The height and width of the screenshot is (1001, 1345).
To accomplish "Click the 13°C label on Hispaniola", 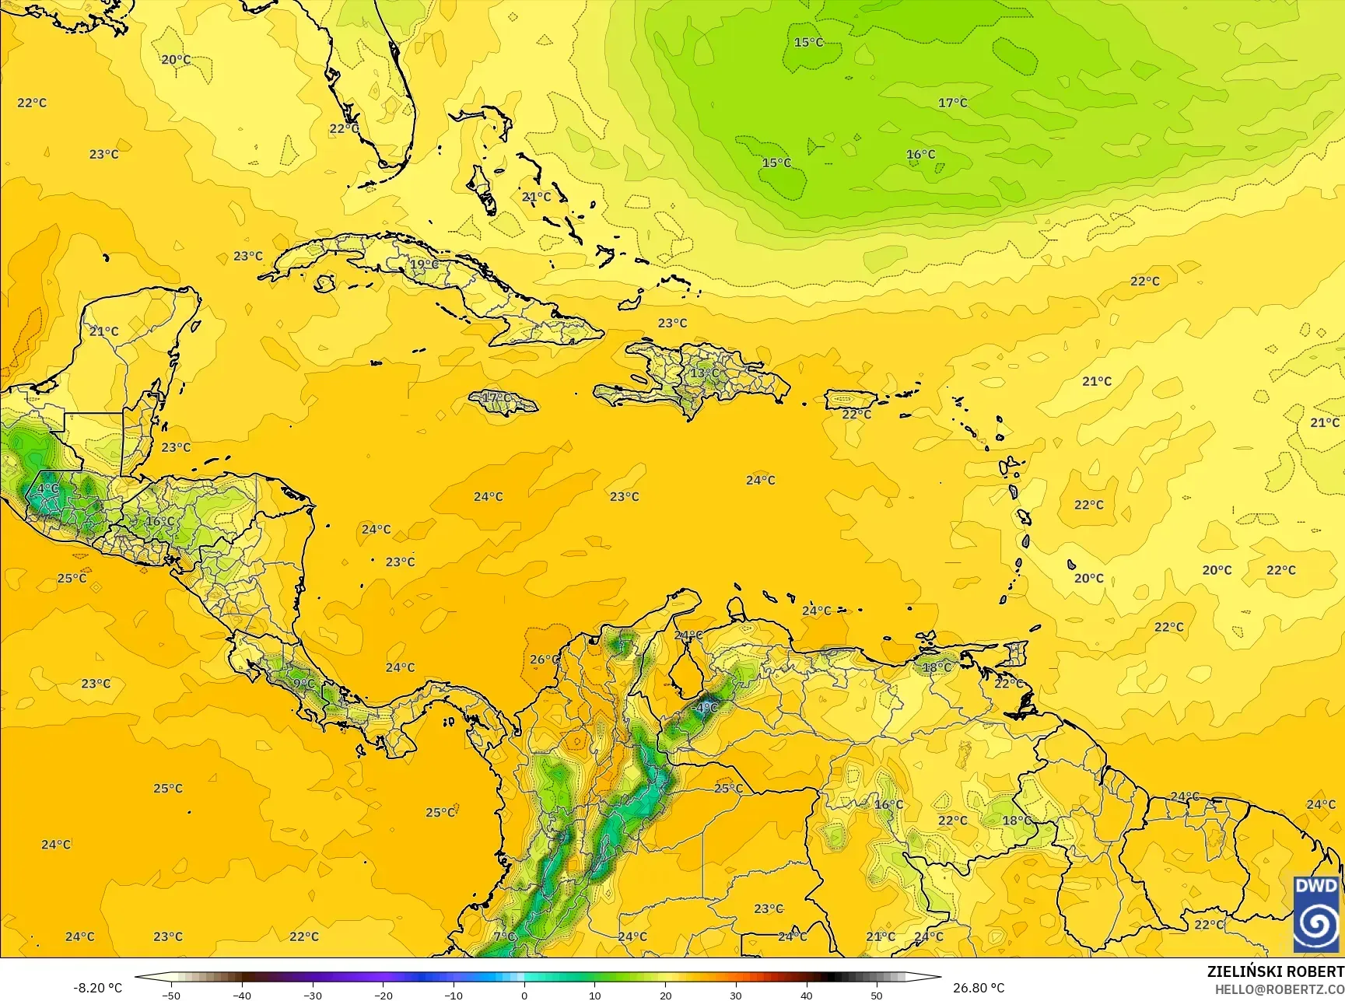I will (x=705, y=373).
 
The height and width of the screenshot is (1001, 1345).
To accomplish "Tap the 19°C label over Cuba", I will (x=423, y=264).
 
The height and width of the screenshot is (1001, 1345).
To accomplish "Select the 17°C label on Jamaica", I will (x=497, y=398).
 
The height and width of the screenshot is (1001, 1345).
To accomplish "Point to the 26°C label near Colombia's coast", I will (x=544, y=660).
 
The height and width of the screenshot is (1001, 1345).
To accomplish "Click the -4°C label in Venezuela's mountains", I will (x=705, y=708).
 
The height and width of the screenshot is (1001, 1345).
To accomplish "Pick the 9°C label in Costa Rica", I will (x=304, y=684).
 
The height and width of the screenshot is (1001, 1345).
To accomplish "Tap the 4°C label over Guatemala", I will (x=48, y=488).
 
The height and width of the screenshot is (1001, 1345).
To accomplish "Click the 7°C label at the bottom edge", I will (x=504, y=936).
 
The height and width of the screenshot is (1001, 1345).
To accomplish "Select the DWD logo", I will (x=1316, y=915).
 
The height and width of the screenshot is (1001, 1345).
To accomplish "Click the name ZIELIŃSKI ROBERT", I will (x=1275, y=971).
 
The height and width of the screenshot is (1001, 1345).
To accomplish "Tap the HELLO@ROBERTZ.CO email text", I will (x=1280, y=988).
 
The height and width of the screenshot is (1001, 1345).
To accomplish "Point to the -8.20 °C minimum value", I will (x=97, y=988).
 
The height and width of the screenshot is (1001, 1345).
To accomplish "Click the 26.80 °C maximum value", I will (x=979, y=988).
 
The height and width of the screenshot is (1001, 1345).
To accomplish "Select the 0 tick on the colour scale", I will (x=524, y=995).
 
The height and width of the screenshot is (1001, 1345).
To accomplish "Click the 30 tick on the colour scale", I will (x=736, y=995).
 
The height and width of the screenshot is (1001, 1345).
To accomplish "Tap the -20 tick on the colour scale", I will (x=383, y=995).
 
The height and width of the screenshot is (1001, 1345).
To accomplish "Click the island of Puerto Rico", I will (x=851, y=400).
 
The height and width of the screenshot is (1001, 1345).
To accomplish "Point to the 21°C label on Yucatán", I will (x=103, y=331).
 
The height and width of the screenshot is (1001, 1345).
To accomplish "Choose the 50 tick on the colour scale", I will (x=877, y=995).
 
